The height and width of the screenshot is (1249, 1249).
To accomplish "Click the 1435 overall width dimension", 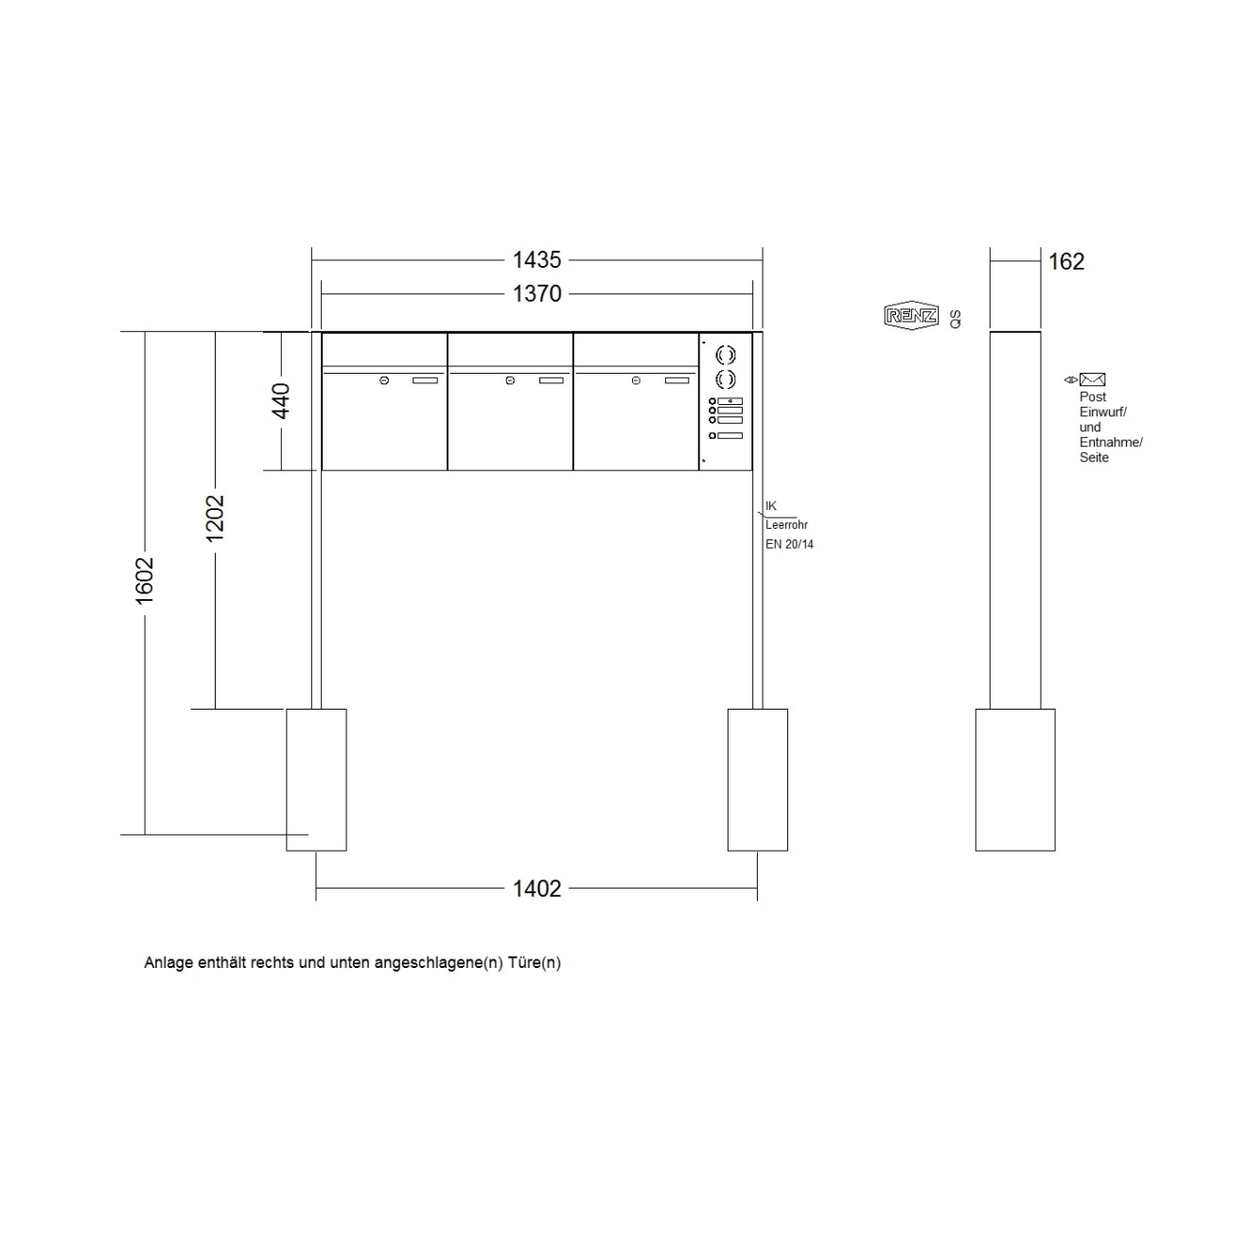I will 537,259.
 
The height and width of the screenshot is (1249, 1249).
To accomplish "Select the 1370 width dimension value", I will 537,294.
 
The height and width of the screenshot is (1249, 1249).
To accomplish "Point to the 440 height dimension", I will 281,401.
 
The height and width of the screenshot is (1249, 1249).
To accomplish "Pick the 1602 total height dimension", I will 145,581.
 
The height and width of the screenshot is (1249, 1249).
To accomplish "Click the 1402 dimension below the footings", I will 537,888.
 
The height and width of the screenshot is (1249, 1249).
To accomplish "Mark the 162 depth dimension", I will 1066,262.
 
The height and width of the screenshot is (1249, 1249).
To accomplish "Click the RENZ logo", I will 911,316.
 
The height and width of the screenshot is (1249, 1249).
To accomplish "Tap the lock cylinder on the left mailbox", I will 384,380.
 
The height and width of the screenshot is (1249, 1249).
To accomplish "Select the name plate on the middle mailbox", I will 551,380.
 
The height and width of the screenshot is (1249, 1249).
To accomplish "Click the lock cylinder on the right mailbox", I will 636,380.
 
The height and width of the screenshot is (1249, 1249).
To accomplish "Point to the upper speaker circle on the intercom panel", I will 726,355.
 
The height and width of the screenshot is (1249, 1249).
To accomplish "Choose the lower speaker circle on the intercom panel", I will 726,380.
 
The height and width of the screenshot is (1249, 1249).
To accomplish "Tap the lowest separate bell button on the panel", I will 712,435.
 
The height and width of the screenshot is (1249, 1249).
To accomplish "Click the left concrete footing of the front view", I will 316,780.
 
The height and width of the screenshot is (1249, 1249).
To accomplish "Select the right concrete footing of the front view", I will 757,780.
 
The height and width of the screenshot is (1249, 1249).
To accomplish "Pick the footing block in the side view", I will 1015,780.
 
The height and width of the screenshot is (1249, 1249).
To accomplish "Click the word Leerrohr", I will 786,525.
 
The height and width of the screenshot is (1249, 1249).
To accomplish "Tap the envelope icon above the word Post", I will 1092,379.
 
